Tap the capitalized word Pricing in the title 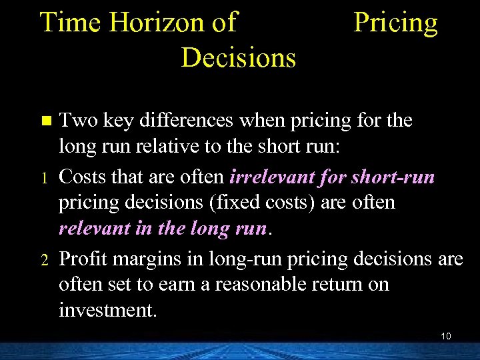[395, 23]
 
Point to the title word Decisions [238, 57]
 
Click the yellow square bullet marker [45, 121]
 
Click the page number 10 [446, 335]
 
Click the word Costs [82, 177]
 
